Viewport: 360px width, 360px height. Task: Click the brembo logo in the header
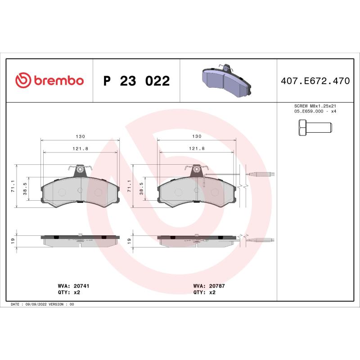coord(49,81)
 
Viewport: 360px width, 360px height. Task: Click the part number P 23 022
coord(136,81)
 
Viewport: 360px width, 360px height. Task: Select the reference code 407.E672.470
coord(315,81)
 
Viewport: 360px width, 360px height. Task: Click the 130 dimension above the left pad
coord(81,136)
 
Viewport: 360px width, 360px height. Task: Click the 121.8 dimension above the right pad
coord(197,148)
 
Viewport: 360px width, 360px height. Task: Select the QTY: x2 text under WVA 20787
coord(204,292)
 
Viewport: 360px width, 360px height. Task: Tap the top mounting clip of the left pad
coord(80,170)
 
